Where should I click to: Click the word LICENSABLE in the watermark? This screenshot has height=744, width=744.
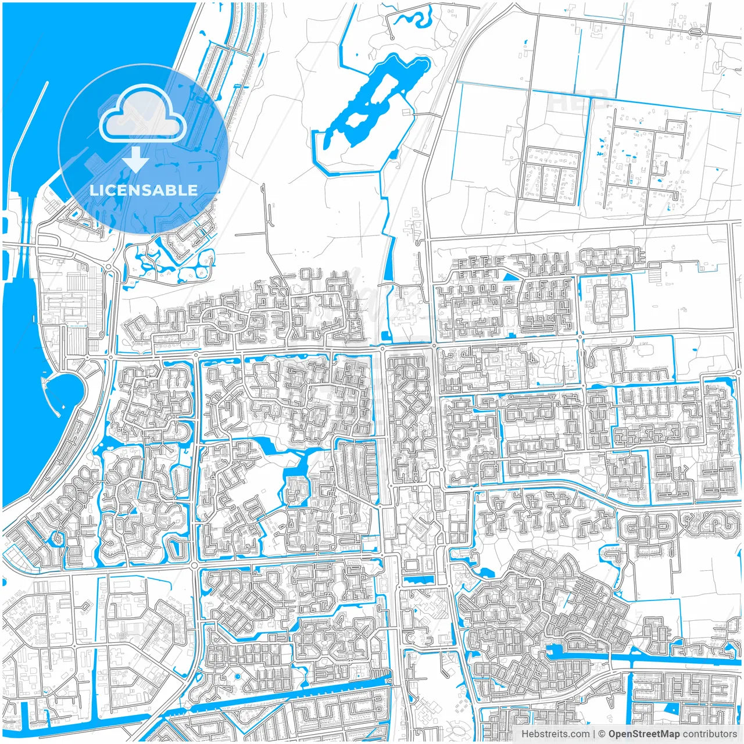pos(144,190)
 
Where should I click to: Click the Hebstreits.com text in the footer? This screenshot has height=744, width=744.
pos(555,734)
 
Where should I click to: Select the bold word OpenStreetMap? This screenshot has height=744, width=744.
pos(643,734)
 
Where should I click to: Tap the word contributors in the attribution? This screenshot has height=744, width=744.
pos(709,734)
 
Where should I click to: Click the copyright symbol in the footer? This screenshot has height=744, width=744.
pos(602,734)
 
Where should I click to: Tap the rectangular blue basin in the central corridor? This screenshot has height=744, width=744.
pos(418,580)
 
